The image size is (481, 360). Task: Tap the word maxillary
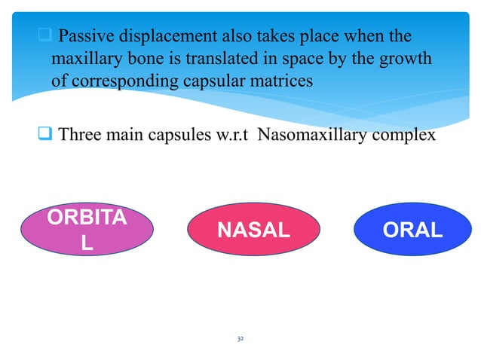pos(85,57)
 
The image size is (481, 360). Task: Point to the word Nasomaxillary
pos(317,136)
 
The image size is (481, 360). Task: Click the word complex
pos(406,136)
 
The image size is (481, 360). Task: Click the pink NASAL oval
pos(253,230)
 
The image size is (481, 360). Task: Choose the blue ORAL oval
pos(412,230)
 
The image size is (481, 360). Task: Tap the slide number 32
pos(240,340)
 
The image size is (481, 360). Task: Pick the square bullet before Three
pos(44,136)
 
